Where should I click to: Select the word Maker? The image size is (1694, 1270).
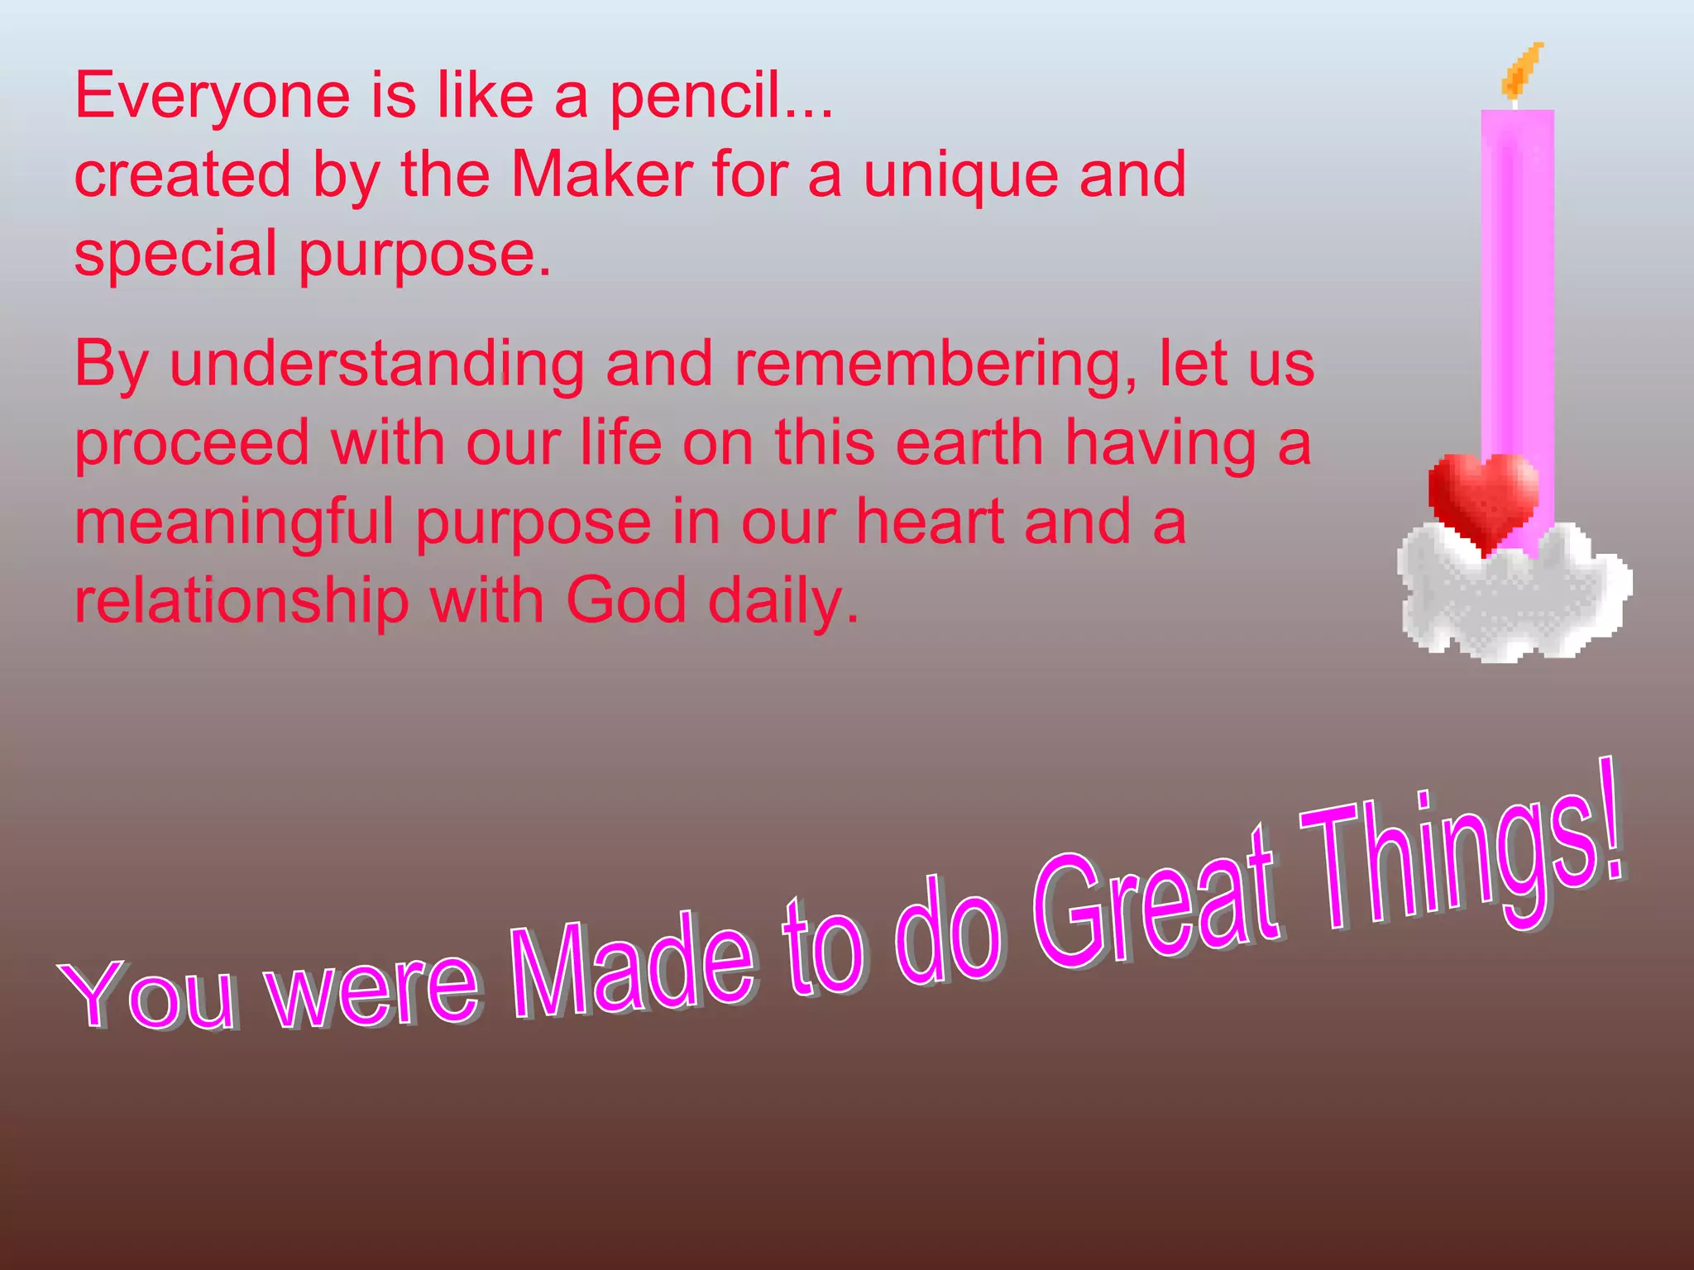(602, 175)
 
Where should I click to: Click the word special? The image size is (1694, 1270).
(175, 255)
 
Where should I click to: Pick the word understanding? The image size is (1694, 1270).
(376, 365)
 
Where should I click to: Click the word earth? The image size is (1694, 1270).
(969, 443)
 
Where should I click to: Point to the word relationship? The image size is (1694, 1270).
(242, 601)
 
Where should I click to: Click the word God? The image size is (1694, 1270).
(625, 601)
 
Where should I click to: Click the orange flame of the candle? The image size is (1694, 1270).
(1522, 70)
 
